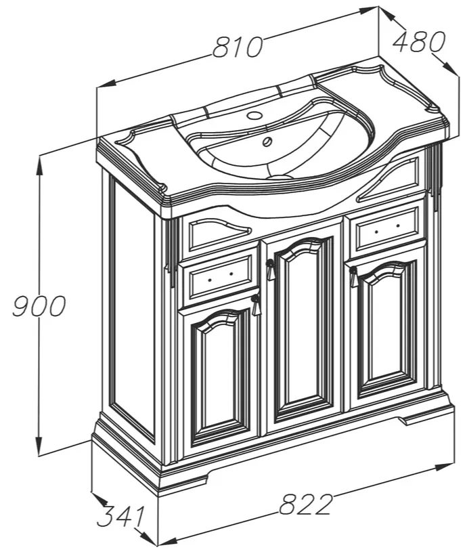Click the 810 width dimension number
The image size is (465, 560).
[238, 47]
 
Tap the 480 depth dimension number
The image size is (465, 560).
[419, 41]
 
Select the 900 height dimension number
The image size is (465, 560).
[39, 306]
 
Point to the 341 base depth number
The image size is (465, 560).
[121, 516]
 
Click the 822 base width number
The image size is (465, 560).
[305, 504]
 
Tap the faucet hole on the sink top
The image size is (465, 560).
[254, 115]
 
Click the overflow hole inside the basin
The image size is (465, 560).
[267, 142]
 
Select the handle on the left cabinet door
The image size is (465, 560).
[256, 305]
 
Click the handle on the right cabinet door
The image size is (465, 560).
[353, 277]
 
